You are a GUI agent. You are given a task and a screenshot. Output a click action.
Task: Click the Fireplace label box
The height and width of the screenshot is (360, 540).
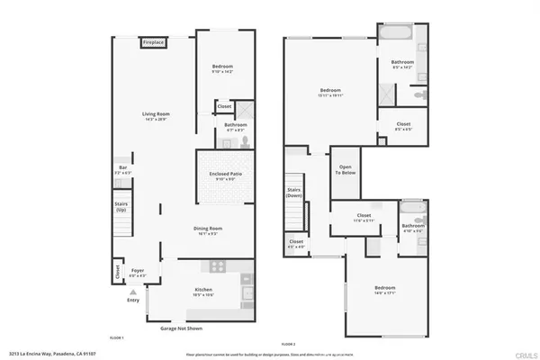154,41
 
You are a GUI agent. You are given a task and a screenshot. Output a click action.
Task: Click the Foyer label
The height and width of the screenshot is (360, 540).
137,272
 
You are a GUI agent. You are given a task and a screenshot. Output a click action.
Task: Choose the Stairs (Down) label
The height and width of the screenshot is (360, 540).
294,193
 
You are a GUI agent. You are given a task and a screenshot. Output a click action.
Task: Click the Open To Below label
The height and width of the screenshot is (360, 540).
345,171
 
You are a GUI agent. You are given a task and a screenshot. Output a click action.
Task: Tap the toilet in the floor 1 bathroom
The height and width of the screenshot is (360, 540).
242,140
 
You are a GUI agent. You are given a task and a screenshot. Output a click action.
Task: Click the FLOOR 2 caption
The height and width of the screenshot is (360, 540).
288,344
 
